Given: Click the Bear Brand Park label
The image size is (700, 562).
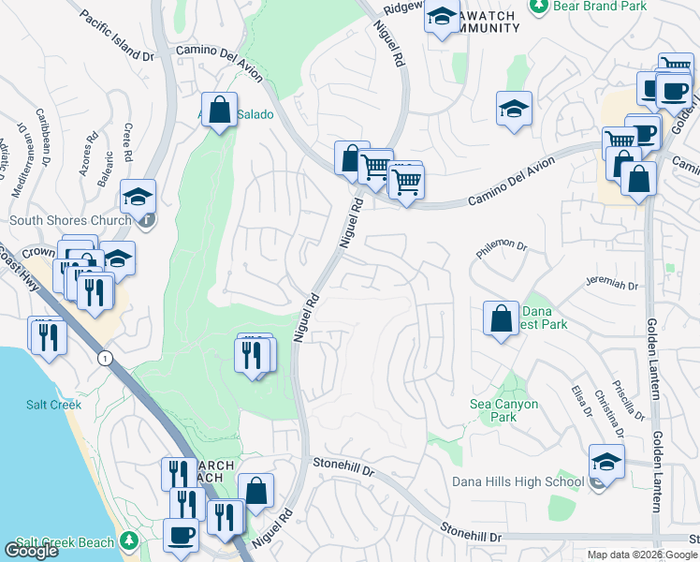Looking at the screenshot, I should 599,6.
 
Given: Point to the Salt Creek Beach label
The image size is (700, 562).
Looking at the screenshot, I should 64,542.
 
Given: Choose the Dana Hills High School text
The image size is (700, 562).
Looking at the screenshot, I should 518,481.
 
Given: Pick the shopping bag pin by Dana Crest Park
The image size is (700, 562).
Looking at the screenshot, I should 502,318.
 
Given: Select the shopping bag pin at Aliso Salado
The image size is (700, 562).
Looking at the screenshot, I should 219,110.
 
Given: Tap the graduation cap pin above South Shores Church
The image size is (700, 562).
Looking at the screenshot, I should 138,197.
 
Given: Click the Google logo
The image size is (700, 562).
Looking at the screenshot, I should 32,551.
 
